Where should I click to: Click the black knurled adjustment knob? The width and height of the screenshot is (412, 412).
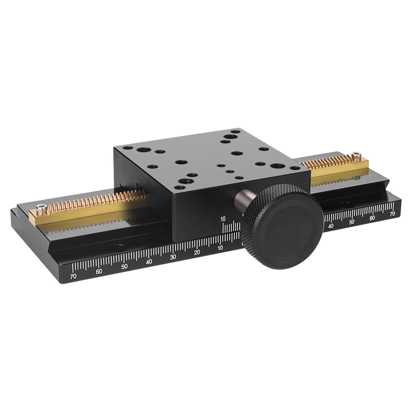click(282, 226)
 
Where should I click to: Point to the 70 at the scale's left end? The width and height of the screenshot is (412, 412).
click(73, 276)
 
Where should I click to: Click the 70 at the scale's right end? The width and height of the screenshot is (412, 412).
click(392, 214)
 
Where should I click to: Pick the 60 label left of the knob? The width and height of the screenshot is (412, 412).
click(99, 271)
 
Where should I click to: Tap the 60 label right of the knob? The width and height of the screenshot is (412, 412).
click(372, 218)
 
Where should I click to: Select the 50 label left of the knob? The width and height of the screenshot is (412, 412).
click(124, 266)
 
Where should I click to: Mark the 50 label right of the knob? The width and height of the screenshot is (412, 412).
click(352, 222)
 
